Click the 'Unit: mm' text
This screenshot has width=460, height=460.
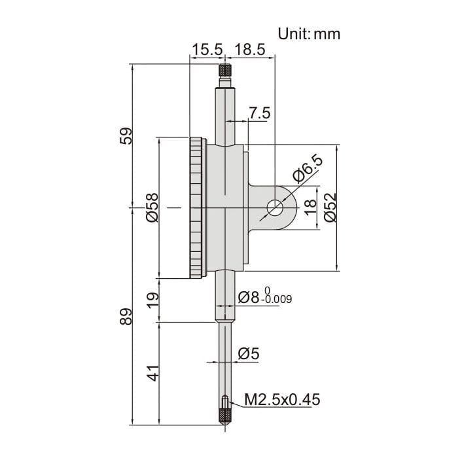pyautogui.click(x=309, y=33)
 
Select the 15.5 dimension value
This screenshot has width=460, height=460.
pyautogui.click(x=207, y=50)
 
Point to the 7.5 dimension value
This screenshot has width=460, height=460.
pyautogui.click(x=259, y=113)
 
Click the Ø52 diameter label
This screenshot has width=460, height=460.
pyautogui.click(x=330, y=207)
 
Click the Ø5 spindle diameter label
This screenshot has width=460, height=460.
pyautogui.click(x=249, y=354)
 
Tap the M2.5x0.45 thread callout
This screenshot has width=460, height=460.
pyautogui.click(x=283, y=399)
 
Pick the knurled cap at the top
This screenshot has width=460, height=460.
pyautogui.click(x=225, y=69)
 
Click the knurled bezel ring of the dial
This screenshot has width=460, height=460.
pyautogui.click(x=196, y=208)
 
